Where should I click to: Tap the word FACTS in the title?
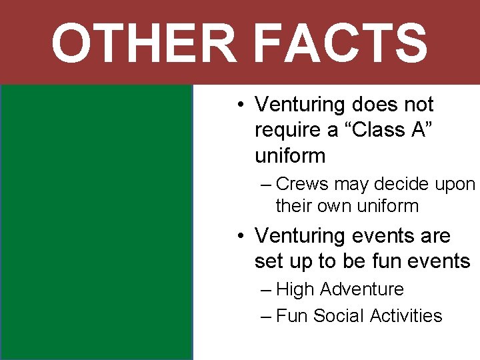340,43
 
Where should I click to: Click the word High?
297,290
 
